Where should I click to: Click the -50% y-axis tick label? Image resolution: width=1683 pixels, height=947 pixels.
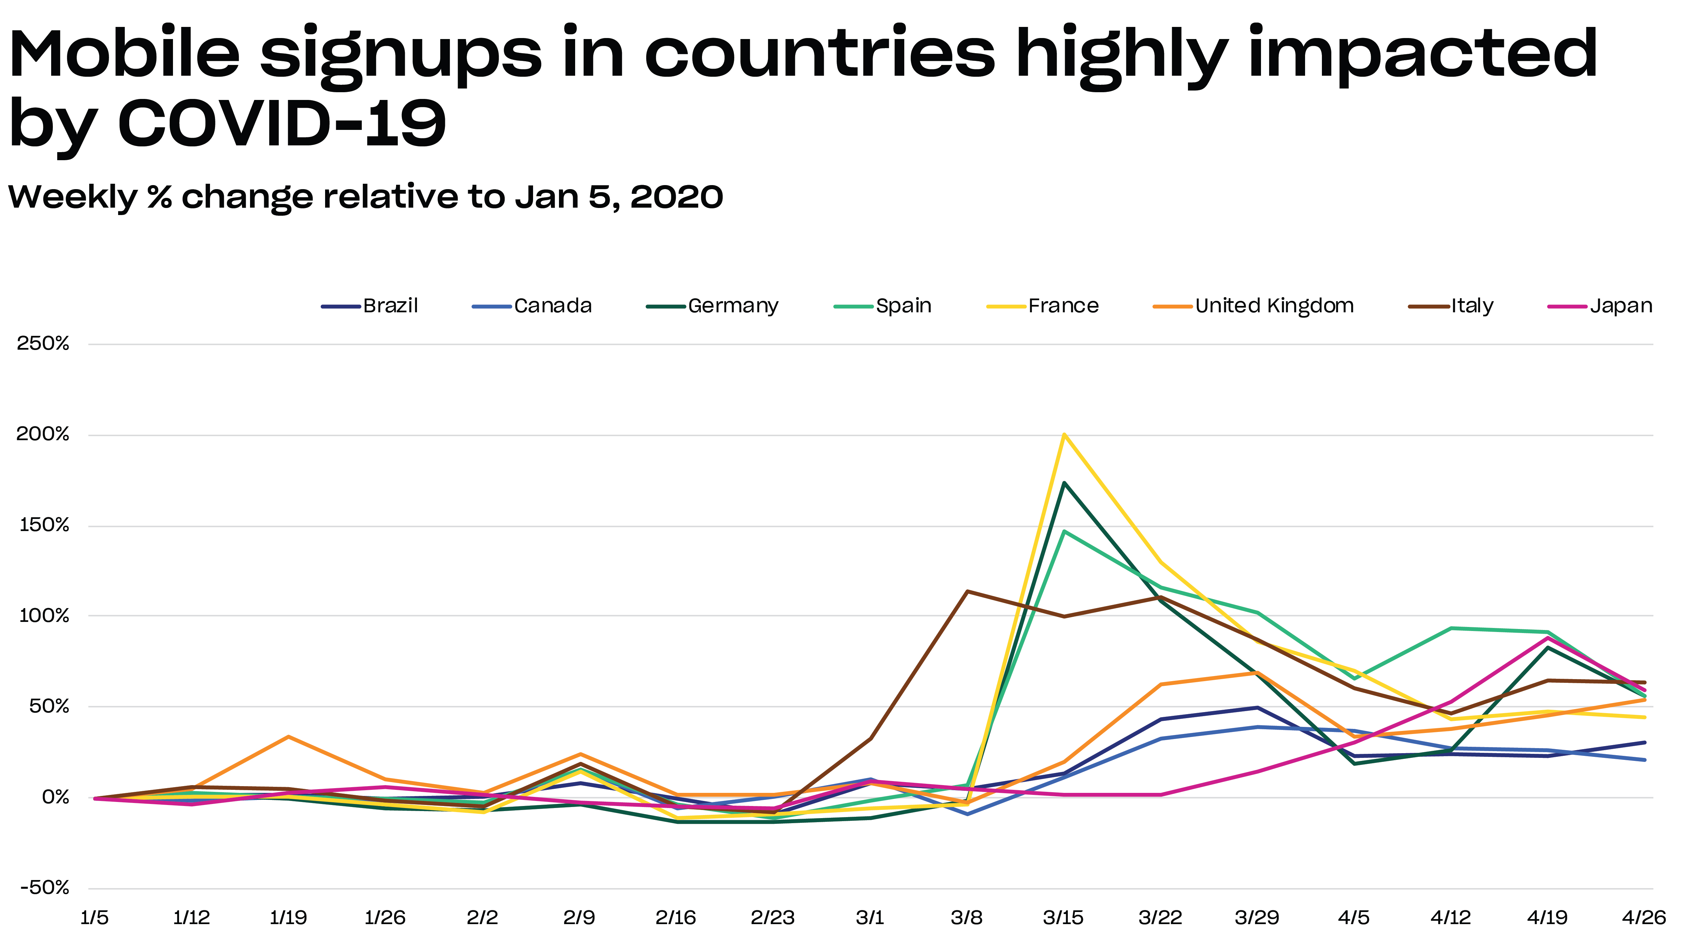[44, 887]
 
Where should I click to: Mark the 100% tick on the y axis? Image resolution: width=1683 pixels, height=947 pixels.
[44, 616]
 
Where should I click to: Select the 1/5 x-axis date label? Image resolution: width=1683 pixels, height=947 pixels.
[95, 918]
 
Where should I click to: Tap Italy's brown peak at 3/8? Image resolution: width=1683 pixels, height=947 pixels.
[967, 592]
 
